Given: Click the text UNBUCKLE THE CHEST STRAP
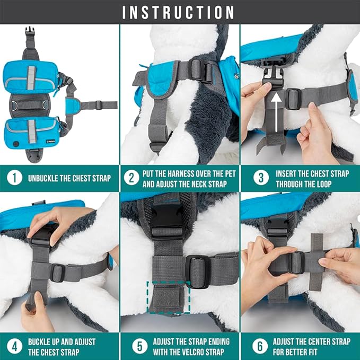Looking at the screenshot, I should pos(69,178).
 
